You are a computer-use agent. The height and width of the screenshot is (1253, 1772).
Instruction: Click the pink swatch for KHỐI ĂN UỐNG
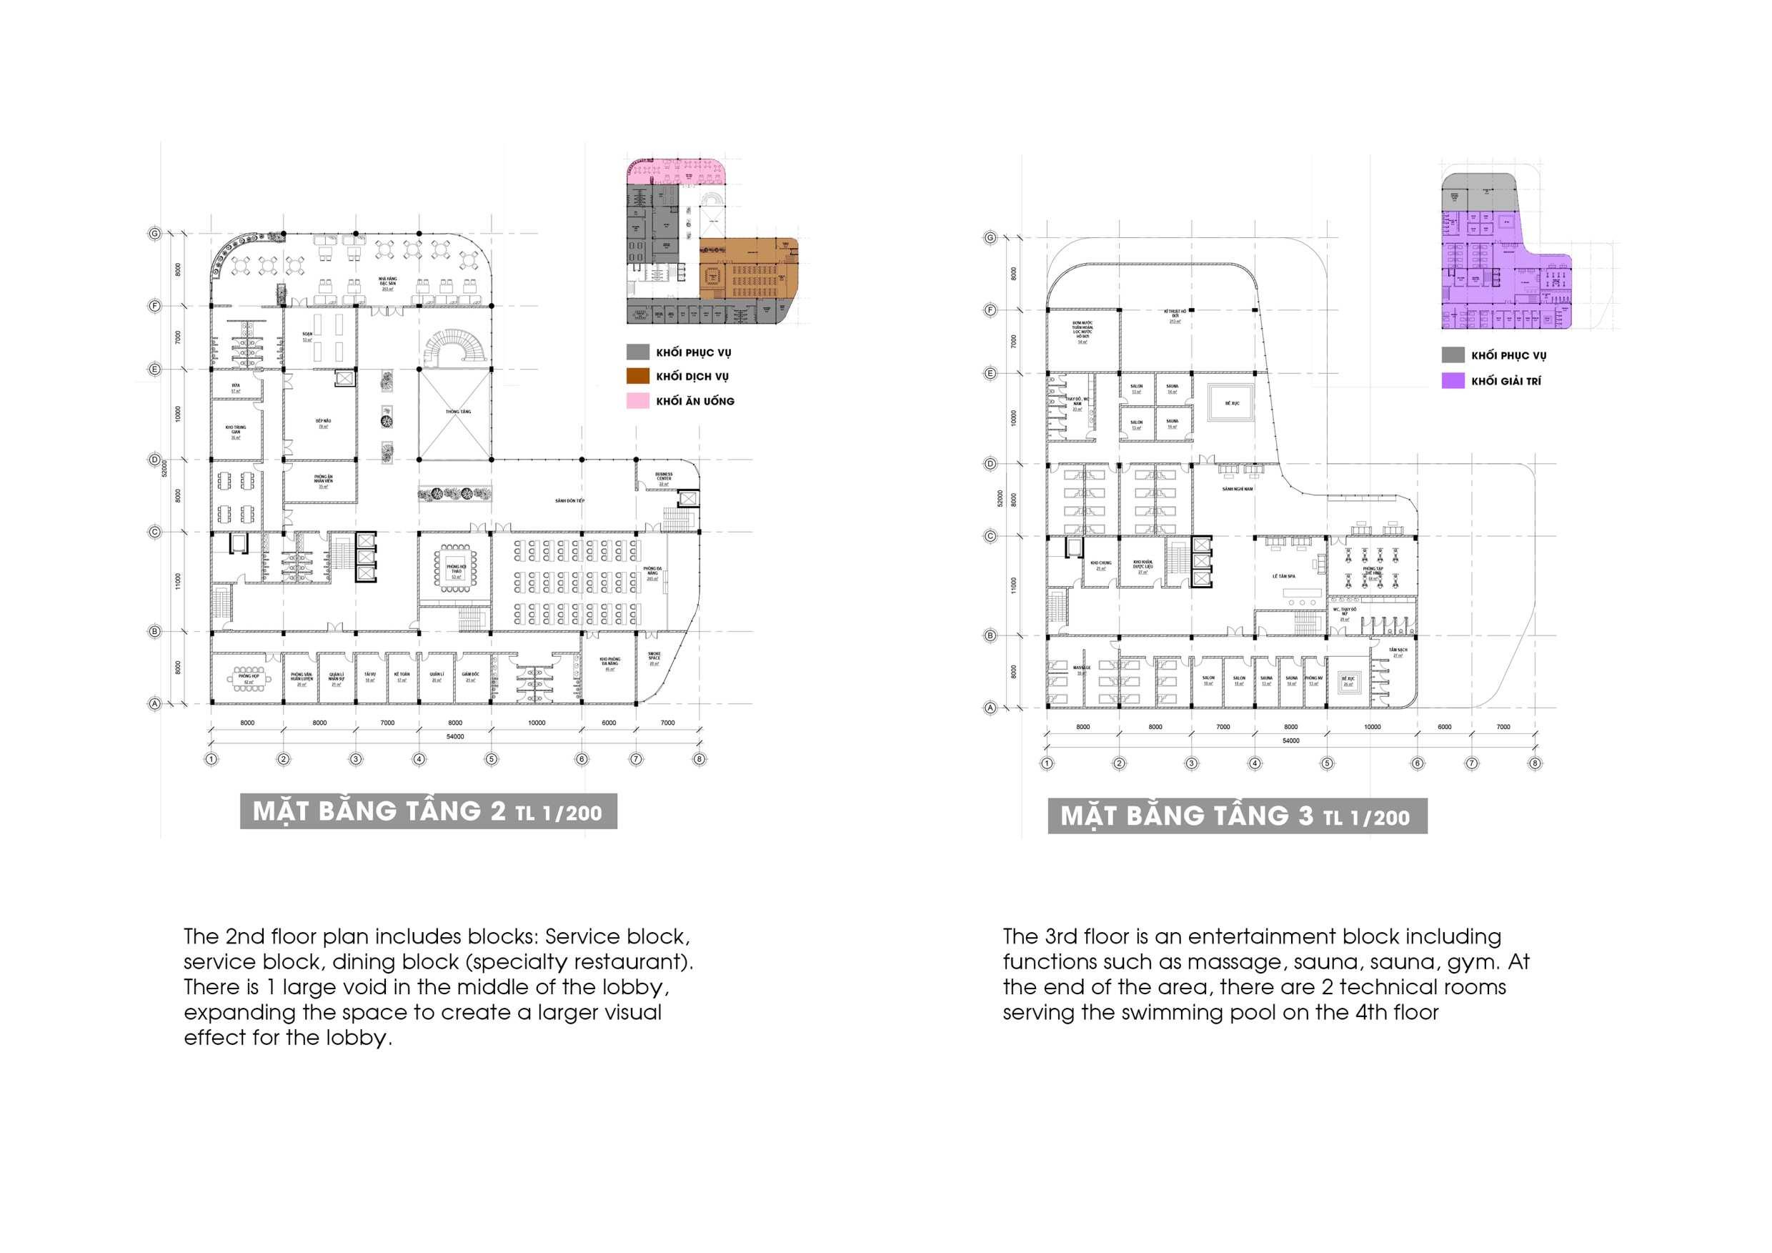(x=637, y=401)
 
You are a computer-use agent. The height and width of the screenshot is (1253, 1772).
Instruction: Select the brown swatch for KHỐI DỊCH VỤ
(x=637, y=376)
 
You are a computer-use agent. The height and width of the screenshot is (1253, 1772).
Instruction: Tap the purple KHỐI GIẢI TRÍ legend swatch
(x=1453, y=380)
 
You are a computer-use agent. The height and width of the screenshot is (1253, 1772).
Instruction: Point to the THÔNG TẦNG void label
(x=458, y=412)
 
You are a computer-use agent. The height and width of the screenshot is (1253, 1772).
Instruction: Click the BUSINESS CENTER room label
(x=664, y=477)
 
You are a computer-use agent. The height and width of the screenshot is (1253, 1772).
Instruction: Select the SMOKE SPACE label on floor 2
(x=654, y=658)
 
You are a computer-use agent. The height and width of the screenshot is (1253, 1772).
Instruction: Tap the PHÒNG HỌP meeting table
(x=249, y=678)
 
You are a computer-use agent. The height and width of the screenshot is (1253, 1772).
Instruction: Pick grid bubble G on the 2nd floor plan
(x=154, y=233)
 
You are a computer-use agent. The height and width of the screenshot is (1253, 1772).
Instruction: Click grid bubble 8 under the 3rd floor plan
(x=1534, y=763)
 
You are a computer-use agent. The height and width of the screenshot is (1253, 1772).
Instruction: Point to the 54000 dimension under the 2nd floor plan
(x=455, y=736)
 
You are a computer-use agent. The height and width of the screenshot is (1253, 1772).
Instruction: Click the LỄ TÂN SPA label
(x=1283, y=576)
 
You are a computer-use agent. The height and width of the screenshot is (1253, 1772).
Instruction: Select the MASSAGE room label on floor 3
(x=1082, y=668)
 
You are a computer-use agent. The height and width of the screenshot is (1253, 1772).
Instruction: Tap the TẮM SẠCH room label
(x=1398, y=650)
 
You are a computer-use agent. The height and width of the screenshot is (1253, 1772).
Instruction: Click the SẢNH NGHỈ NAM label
(x=1237, y=489)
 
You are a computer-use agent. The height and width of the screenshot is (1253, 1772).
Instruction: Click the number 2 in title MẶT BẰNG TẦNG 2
(x=498, y=811)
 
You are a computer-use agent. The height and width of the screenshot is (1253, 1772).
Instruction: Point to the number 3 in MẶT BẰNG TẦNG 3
(x=1305, y=816)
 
